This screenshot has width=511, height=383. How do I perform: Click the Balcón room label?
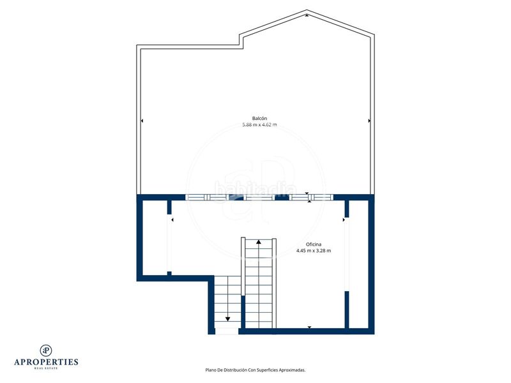259,118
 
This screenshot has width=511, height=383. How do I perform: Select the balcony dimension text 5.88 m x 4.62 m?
259,125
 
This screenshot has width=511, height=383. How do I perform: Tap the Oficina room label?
313,244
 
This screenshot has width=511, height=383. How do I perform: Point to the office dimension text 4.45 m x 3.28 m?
313,251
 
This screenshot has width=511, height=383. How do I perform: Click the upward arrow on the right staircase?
259,242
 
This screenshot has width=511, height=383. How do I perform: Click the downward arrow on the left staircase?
227,319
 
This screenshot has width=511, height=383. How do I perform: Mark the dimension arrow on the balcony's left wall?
141,121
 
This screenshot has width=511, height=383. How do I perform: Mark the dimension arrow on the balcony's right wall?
369,121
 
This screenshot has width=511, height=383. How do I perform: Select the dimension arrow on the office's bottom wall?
309,327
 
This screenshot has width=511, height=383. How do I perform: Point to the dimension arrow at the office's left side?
172,220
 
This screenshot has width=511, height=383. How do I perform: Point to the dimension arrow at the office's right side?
344,220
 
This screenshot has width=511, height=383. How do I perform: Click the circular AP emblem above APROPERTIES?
46,350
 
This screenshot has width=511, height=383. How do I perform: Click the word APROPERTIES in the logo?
46,362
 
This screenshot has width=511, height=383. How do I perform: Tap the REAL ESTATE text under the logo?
46,368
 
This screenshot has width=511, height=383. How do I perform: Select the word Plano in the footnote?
211,370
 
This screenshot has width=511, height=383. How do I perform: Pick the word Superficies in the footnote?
264,370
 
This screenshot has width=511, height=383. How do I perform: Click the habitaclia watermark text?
256,189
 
